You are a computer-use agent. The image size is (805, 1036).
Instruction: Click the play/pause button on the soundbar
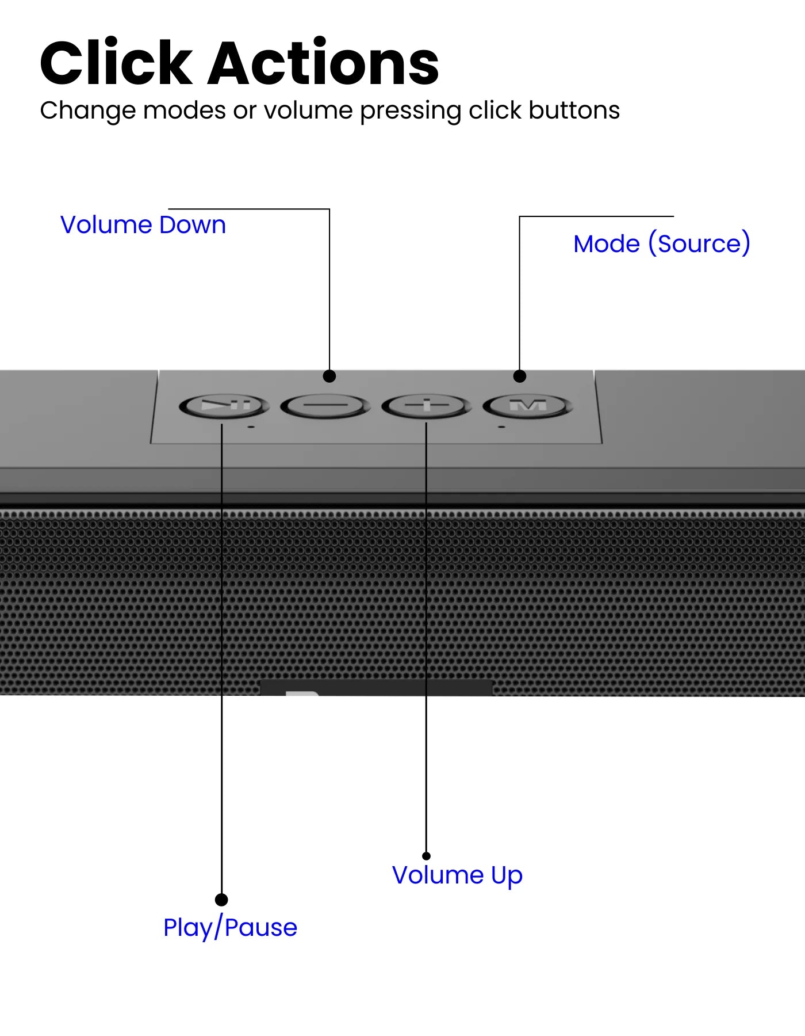[x=224, y=406]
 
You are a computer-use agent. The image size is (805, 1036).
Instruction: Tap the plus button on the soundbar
[x=427, y=406]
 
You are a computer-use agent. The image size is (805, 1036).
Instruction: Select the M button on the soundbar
[x=528, y=406]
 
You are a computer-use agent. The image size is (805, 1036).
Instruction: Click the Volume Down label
[x=143, y=225]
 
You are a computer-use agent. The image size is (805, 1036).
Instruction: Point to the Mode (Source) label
[x=662, y=244]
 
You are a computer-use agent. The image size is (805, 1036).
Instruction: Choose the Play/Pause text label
[x=230, y=928]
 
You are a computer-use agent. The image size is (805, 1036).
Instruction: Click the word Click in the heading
[x=116, y=63]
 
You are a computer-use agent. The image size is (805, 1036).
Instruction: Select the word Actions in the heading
[x=324, y=63]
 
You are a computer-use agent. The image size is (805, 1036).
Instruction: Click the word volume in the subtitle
[x=308, y=111]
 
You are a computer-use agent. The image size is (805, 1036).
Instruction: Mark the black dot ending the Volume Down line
[x=329, y=376]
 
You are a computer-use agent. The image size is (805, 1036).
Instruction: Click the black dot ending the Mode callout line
[x=520, y=376]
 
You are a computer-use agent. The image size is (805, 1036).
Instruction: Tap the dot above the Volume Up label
[x=426, y=856]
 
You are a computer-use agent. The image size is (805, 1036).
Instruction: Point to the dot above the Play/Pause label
[x=221, y=900]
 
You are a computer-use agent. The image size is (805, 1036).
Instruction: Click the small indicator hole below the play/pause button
[x=251, y=427]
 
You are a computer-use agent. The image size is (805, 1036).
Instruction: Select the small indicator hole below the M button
[x=501, y=427]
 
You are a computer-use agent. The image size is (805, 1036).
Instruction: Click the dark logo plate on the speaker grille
[x=377, y=687]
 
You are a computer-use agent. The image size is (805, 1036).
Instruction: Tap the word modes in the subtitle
[x=185, y=111]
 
